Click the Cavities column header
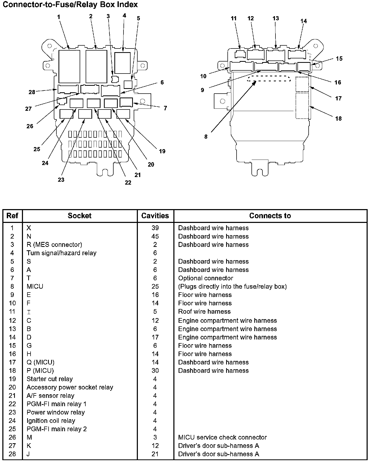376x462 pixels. point(155,216)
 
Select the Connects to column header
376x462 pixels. point(270,216)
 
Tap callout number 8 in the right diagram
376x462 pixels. point(206,137)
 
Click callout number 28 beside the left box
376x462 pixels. point(32,92)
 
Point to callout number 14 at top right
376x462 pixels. point(304,21)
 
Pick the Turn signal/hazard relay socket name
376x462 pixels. point(61,253)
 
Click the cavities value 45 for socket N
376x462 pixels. point(155,236)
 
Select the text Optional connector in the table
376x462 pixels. point(205,278)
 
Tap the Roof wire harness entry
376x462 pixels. point(204,311)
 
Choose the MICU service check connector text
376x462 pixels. point(222,437)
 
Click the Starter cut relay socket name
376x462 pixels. point(50,379)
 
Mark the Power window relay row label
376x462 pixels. point(56,412)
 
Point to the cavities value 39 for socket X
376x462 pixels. point(155,228)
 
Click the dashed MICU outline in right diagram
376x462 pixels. point(269,78)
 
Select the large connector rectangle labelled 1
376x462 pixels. point(69,66)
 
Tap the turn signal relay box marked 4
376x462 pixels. point(122,63)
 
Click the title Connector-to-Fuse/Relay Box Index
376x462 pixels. point(70,4)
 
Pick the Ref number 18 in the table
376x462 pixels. point(12,370)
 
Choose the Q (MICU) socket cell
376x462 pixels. point(40,362)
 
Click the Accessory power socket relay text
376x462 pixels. point(70,387)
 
